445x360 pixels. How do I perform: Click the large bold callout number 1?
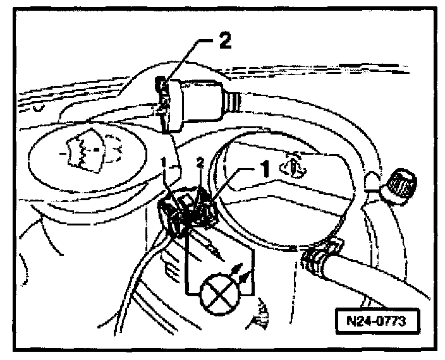coord(265,169)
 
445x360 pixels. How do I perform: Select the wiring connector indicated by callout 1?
coord(190,212)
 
